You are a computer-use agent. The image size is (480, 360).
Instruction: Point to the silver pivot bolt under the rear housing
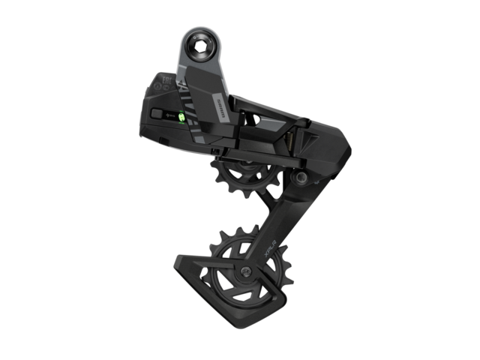tap(300, 178)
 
